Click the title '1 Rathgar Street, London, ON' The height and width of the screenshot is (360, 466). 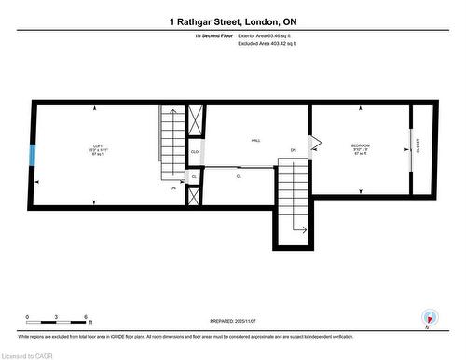tap(233, 21)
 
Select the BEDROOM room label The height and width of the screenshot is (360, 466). tap(361, 145)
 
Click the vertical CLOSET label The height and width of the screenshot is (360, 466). tap(419, 151)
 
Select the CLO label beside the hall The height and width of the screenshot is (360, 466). tap(195, 151)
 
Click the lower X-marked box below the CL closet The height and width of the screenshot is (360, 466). tap(194, 196)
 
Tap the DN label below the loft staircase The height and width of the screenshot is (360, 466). tap(173, 188)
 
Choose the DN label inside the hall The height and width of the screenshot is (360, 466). tap(293, 150)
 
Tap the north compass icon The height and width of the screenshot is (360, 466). tap(429, 317)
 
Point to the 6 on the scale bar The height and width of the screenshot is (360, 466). tap(85, 318)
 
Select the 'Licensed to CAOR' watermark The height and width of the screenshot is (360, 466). tap(28, 354)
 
